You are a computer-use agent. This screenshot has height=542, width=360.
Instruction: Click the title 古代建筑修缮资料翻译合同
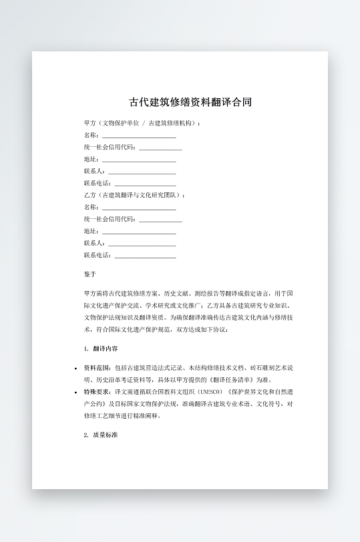190,103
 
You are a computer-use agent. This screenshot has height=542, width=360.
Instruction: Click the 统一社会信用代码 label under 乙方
111,219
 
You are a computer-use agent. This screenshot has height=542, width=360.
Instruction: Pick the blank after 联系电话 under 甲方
145,184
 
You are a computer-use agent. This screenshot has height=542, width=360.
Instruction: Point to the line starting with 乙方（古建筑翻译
134,195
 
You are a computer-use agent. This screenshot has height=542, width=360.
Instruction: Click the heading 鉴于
90,274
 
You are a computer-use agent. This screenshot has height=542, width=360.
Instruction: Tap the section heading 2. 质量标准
101,435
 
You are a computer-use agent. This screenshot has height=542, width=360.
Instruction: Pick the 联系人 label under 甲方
94,172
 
